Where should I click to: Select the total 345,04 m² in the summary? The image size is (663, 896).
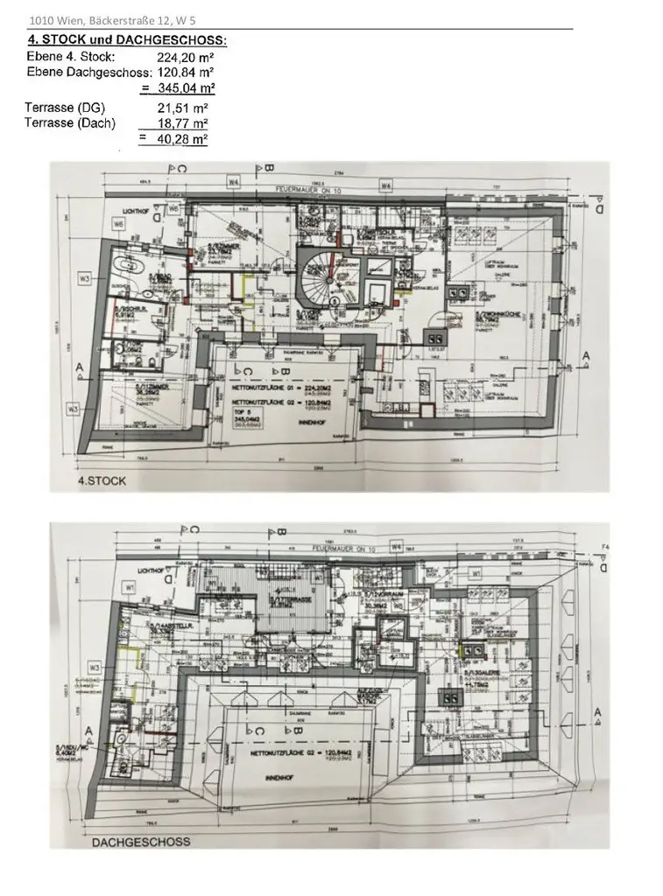point(186,88)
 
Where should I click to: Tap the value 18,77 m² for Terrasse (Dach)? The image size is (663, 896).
point(183,123)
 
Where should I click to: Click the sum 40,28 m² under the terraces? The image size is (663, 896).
point(183,139)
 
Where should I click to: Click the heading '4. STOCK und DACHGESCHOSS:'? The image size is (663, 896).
point(127,40)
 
